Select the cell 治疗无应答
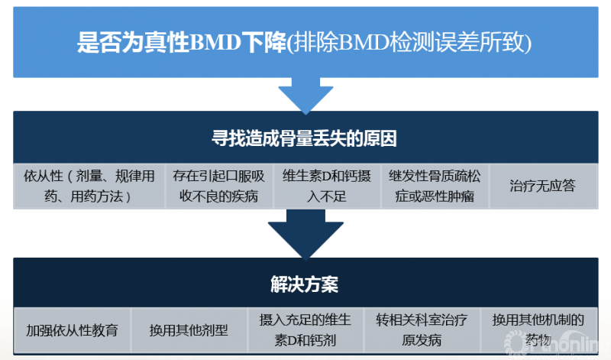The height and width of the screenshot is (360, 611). (x=541, y=186)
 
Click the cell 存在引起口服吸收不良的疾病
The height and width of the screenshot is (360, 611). (x=219, y=186)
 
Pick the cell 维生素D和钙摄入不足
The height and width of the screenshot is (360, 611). (x=326, y=186)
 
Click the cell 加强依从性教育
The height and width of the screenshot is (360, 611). (x=73, y=331)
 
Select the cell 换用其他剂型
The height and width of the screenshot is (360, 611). (x=189, y=331)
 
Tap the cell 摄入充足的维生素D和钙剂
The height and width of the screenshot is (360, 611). (x=305, y=330)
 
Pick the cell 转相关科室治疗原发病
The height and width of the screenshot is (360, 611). (x=421, y=330)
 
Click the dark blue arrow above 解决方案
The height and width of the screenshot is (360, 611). (x=305, y=236)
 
